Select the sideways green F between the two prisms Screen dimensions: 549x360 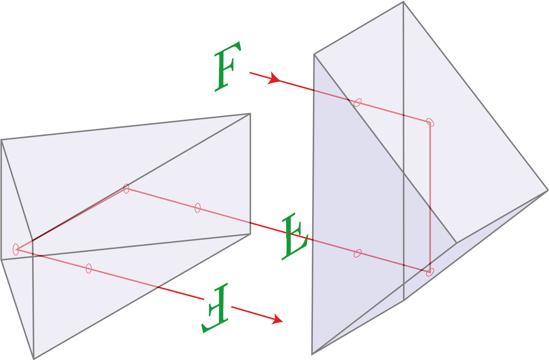[294, 236]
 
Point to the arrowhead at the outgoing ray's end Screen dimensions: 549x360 [277, 319]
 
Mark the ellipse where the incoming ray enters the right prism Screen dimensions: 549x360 [358, 103]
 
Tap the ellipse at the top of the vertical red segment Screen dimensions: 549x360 [430, 122]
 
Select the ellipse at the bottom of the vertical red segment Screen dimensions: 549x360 [430, 272]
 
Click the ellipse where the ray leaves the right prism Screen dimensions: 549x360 [358, 253]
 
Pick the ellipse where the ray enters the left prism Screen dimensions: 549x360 [198, 208]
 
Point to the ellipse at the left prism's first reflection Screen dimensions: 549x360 [126, 188]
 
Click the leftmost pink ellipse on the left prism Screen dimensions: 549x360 [16, 249]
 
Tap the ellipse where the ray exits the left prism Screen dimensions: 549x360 [89, 268]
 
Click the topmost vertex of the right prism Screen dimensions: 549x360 [403, 2]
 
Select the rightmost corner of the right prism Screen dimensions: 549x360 [548, 190]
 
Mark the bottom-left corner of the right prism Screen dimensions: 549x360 [312, 354]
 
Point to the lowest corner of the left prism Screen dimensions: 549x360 [34, 359]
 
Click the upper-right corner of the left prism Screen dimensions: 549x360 [250, 114]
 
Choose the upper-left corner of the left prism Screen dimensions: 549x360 [1, 140]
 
